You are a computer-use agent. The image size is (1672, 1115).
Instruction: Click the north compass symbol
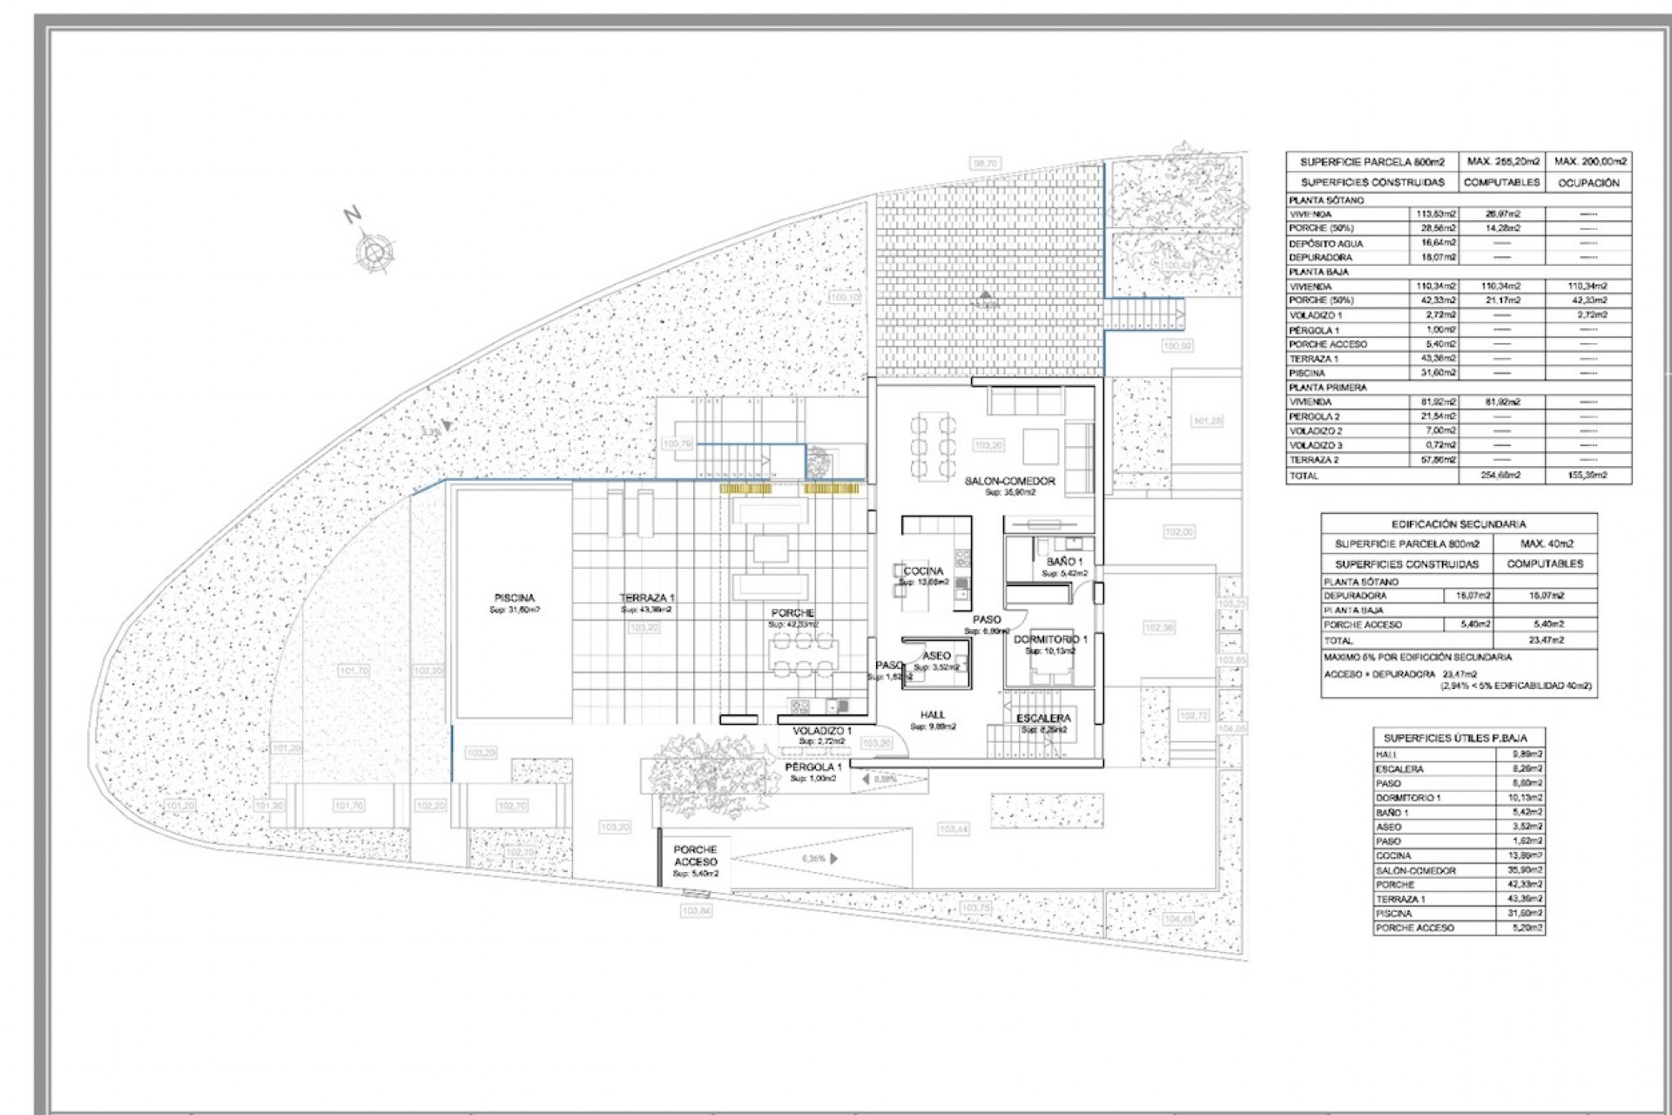(374, 253)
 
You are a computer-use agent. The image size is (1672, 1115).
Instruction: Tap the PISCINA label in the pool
(515, 598)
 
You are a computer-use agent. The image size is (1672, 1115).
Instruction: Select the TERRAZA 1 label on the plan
(647, 598)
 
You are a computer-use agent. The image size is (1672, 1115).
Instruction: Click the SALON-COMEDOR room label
(1009, 481)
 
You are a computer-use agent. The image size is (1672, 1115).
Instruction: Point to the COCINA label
(923, 571)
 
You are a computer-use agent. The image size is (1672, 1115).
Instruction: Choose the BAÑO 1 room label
(1064, 562)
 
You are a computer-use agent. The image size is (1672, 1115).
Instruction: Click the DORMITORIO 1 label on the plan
(1050, 639)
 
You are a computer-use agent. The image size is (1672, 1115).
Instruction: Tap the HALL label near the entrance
(933, 714)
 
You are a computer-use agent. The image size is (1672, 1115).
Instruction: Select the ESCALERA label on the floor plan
(1043, 719)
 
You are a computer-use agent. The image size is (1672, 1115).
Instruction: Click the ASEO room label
(937, 656)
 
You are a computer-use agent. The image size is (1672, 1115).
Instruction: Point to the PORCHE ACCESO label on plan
(696, 855)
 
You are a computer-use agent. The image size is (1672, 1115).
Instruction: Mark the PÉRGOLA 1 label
(813, 767)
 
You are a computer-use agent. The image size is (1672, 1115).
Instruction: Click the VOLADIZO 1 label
(822, 731)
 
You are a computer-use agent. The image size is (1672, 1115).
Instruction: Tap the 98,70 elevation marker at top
(986, 163)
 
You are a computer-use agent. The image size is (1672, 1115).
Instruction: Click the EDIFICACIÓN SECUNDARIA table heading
(1458, 524)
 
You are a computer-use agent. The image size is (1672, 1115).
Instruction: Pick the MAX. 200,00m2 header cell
(1590, 162)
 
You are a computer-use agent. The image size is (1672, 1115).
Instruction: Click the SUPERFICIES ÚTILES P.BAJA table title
(1455, 738)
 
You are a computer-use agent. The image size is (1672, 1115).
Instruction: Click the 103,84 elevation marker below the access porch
(696, 910)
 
